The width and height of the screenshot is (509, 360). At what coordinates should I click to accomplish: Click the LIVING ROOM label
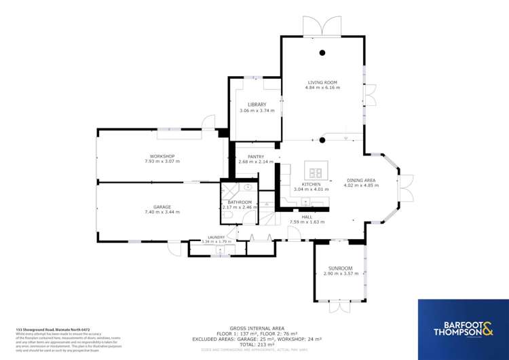coord(322,82)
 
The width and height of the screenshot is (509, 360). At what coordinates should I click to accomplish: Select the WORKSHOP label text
coord(162,156)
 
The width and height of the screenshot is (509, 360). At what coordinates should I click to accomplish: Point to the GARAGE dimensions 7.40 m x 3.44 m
coord(162,213)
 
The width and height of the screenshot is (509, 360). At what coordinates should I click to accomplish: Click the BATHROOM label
coord(240,202)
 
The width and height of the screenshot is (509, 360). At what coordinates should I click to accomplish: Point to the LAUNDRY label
coord(217,237)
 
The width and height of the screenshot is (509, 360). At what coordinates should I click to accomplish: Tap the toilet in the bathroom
coord(227,215)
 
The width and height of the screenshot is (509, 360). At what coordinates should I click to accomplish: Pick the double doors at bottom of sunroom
coord(339,308)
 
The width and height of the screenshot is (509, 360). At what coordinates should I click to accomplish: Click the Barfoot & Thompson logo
coord(462,328)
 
